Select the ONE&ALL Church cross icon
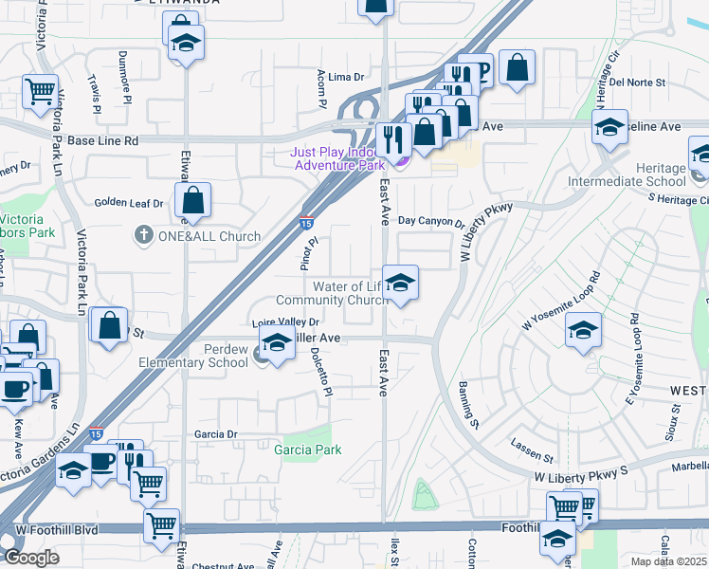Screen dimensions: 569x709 pyautogui.click(x=143, y=235)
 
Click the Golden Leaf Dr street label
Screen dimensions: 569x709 pyautogui.click(x=128, y=203)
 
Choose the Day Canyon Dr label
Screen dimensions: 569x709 pyautogui.click(x=430, y=222)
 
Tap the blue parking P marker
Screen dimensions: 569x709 pyautogui.click(x=481, y=69)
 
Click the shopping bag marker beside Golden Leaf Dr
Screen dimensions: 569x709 pyautogui.click(x=191, y=201)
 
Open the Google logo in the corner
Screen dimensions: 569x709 pyautogui.click(x=31, y=558)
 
